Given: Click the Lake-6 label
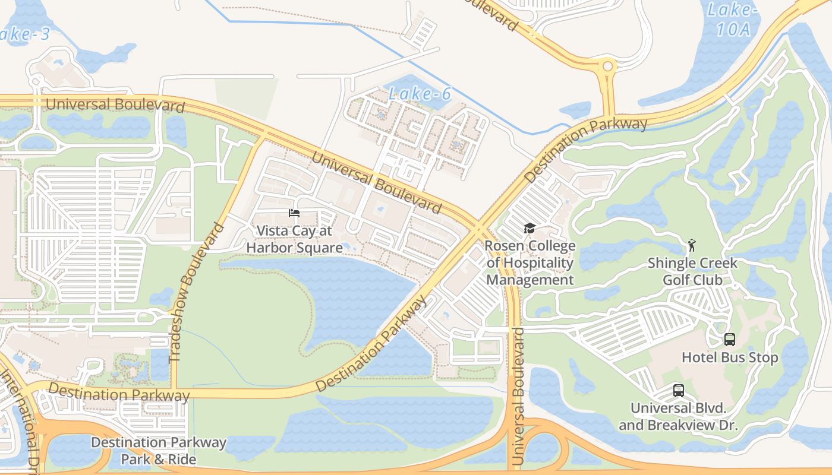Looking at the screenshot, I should point(419,93).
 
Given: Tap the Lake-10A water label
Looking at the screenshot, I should point(733,19).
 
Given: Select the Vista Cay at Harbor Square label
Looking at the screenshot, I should point(295,239).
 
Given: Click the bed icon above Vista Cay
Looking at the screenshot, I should point(294,213).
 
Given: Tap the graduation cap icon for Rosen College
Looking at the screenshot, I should point(530,228).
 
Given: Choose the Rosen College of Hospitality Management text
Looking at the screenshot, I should point(530,263).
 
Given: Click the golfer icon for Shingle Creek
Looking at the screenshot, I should point(691,245).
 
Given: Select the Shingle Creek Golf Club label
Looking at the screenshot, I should point(692,271).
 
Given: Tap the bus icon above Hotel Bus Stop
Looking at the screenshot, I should point(729,340).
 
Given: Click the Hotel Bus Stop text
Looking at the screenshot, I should point(729,357).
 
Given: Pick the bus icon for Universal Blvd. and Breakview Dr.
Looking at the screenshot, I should point(678,391).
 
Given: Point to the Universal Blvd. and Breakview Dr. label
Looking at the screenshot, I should point(678,417).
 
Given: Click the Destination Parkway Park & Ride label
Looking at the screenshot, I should point(159,451).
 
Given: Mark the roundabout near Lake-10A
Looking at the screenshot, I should point(607,66).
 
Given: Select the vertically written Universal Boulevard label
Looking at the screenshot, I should point(518,396).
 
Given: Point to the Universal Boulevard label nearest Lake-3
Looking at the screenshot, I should point(115,104).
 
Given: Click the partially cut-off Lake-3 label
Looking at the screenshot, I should point(24,33).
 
